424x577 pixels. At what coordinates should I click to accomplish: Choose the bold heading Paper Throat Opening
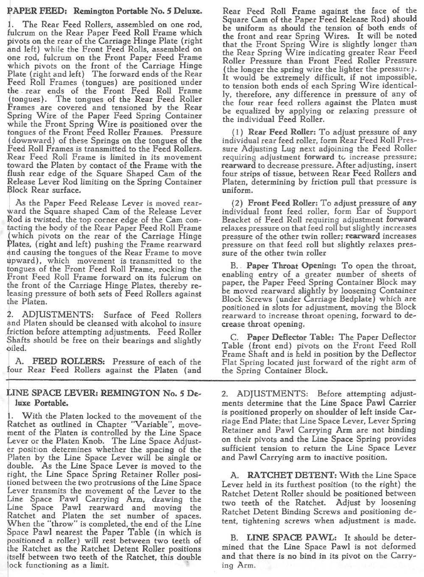click(291, 266)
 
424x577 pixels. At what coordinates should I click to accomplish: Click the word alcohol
click(128, 324)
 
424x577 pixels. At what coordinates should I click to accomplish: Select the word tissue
click(282, 174)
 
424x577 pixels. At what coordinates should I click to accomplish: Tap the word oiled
click(17, 348)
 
